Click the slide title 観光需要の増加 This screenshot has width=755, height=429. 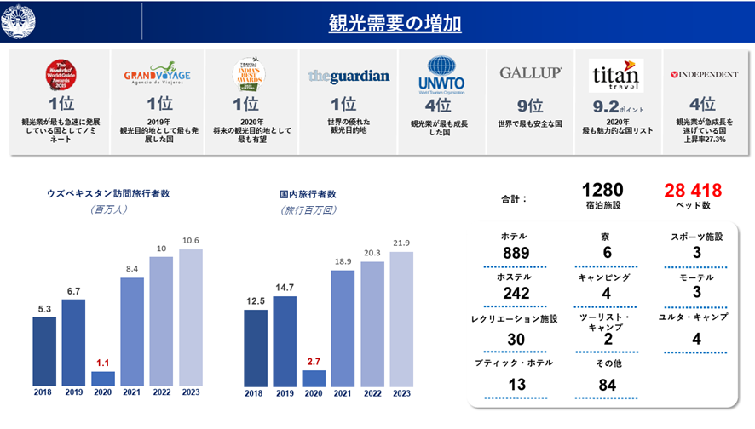click(x=395, y=23)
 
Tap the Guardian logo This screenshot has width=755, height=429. click(x=349, y=76)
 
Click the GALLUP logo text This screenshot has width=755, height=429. click(x=530, y=74)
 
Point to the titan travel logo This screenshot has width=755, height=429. click(x=620, y=75)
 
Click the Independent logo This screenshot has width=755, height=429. click(x=704, y=75)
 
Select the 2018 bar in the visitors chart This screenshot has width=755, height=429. click(x=44, y=352)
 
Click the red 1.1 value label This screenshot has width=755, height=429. click(x=103, y=362)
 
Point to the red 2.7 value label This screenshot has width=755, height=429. click(x=314, y=361)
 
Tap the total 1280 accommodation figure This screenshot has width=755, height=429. click(x=603, y=190)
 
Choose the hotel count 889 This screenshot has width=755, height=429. click(x=516, y=253)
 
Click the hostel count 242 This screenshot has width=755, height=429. click(x=516, y=294)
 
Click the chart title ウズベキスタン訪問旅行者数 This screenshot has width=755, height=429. click(x=108, y=193)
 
